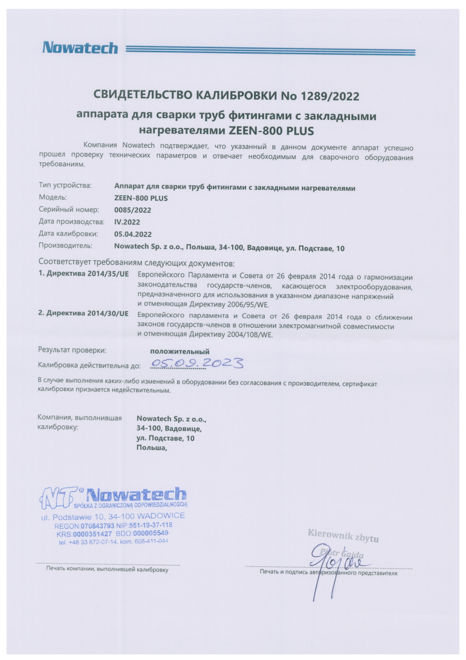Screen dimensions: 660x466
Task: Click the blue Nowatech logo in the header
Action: coord(80,48)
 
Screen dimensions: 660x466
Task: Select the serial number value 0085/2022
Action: coord(132,210)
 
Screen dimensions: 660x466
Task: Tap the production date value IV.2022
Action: coord(127,222)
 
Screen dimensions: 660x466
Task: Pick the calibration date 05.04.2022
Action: coord(133,234)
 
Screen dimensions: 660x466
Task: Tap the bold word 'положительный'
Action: coord(180,352)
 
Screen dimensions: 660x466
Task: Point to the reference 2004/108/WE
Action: coord(250,334)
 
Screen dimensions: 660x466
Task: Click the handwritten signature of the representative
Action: coord(331,564)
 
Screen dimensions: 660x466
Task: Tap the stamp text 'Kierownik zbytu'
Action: coord(343,536)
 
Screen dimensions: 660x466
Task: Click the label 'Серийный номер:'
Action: coord(69,210)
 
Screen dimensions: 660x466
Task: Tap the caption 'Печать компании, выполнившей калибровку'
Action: coord(107,570)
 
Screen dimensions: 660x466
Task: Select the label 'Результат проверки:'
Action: coord(72,350)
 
